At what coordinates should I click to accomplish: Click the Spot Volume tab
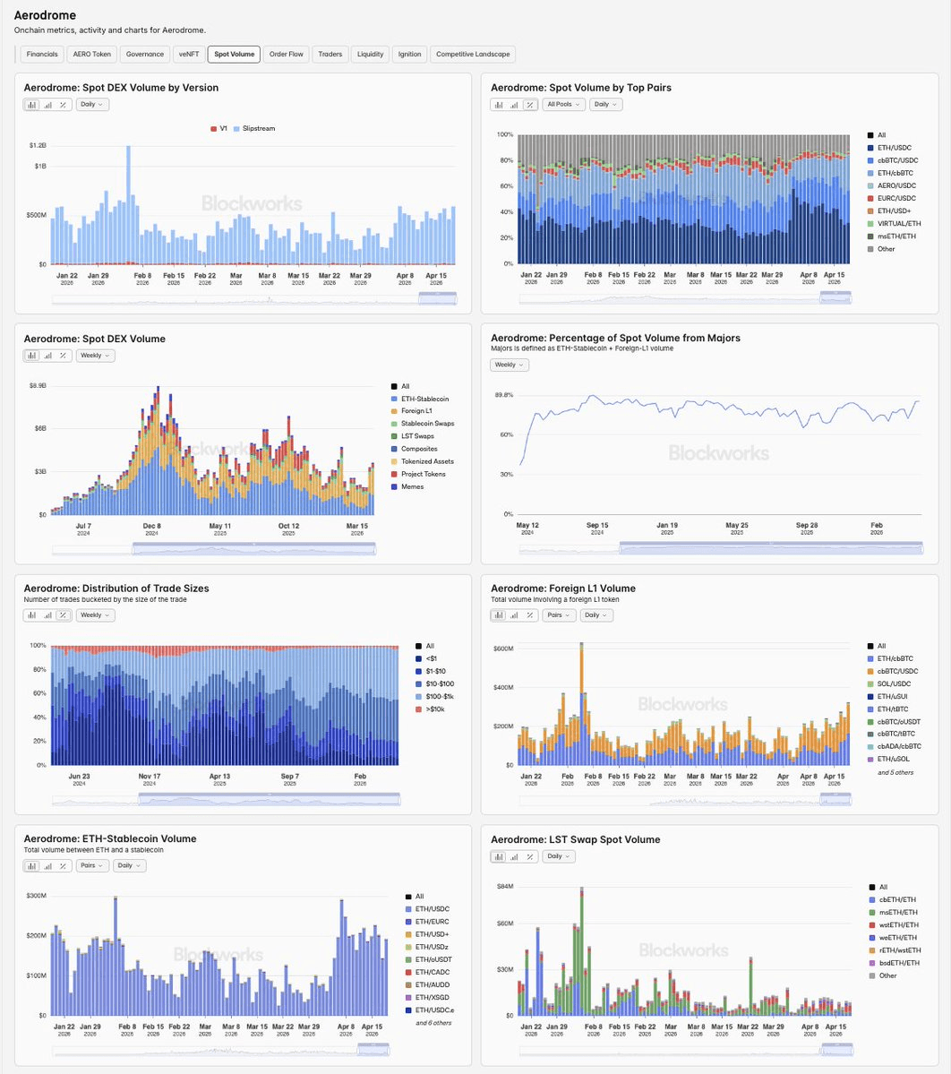point(234,55)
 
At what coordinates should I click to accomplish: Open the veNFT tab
point(188,55)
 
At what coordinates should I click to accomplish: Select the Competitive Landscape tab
point(473,55)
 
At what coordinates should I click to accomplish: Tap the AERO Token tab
point(92,55)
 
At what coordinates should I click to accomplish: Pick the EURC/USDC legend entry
point(895,198)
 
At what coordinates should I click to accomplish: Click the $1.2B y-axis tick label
point(37,145)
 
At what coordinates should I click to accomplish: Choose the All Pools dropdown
point(562,105)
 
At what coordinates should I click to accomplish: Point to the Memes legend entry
point(412,487)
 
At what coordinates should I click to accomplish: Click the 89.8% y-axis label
point(503,395)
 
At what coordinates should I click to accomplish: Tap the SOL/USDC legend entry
point(895,684)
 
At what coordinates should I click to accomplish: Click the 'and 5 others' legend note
point(895,772)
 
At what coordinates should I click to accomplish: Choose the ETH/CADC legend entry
point(432,972)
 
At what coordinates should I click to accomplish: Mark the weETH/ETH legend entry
point(897,938)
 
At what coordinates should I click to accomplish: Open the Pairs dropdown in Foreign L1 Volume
point(558,615)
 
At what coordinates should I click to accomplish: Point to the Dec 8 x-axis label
point(152,526)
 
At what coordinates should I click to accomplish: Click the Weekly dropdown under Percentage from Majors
point(509,365)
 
